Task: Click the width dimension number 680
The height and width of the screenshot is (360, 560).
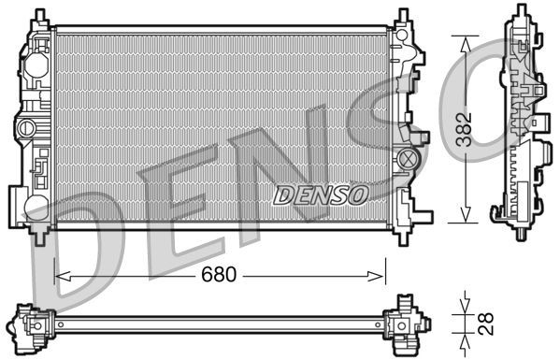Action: pyautogui.click(x=219, y=276)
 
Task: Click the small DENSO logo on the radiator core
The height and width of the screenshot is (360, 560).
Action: pyautogui.click(x=321, y=194)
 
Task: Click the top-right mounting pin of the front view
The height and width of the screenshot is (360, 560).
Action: pyautogui.click(x=402, y=17)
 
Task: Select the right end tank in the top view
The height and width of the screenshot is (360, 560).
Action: pyautogui.click(x=408, y=321)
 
